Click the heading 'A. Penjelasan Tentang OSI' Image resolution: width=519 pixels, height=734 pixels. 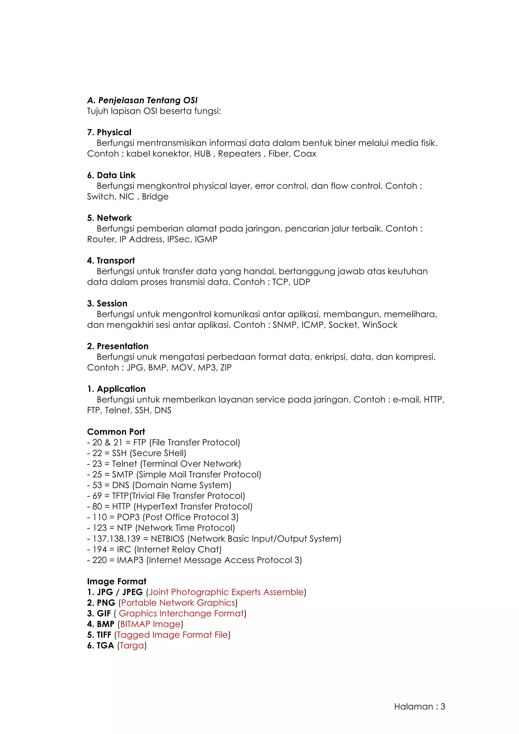[x=142, y=100]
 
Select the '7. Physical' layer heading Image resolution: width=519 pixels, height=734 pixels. [x=109, y=132]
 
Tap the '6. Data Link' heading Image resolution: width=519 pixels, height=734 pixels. [x=111, y=175]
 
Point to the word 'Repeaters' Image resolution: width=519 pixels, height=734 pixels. [x=239, y=154]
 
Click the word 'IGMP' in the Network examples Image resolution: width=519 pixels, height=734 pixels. [x=206, y=240]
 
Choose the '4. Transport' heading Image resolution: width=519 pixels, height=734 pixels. [x=111, y=261]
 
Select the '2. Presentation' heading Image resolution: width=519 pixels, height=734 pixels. [x=118, y=346]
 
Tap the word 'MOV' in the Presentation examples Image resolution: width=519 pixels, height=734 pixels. [x=182, y=368]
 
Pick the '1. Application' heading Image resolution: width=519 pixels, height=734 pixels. [x=116, y=389]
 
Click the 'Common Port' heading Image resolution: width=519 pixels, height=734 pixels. [x=116, y=432]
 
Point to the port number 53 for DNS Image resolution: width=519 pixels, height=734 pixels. [x=97, y=485]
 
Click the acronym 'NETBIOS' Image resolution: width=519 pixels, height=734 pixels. [x=168, y=539]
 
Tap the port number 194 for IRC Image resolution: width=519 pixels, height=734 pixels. [x=99, y=549]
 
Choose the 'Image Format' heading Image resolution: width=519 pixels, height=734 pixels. [x=117, y=581]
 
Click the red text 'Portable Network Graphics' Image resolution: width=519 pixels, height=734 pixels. [x=178, y=603]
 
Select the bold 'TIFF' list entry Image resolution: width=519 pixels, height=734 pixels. [x=104, y=635]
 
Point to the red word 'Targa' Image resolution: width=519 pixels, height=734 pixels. [x=132, y=646]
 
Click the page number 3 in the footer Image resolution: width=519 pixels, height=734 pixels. [x=443, y=707]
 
